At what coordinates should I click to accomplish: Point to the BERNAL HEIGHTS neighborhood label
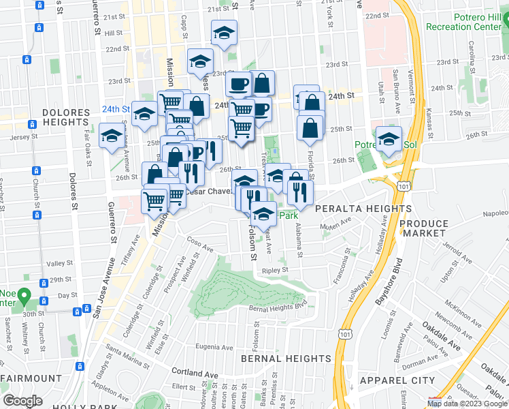[x=286, y=359]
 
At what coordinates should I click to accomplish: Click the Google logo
[x=22, y=401]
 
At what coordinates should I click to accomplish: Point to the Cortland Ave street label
[x=196, y=374]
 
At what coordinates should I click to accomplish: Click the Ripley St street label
[x=275, y=270]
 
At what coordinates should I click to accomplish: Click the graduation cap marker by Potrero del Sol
[x=389, y=139]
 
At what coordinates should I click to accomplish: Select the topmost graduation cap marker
[x=224, y=31]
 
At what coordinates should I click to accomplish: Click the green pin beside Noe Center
[x=24, y=297]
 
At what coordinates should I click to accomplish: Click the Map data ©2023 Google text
[x=467, y=404]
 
